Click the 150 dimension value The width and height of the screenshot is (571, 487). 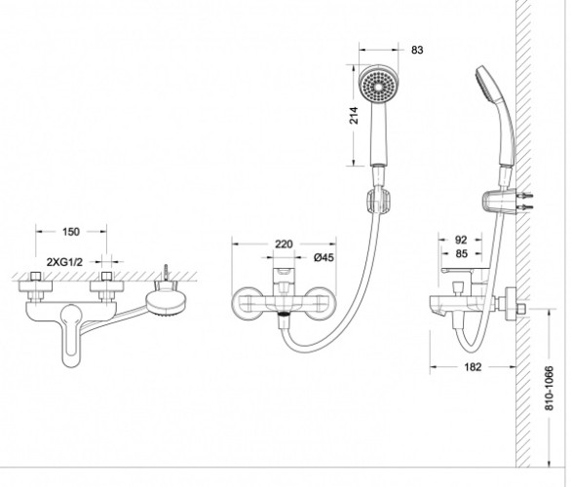71,232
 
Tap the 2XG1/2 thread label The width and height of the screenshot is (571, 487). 65,262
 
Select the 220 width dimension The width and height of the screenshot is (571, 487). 284,243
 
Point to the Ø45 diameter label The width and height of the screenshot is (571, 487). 324,257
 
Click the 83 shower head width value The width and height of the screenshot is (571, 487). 417,50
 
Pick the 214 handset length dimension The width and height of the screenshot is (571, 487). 354,115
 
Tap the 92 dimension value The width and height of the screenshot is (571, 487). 461,240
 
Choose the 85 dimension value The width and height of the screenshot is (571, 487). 462,253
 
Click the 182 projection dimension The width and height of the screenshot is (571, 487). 473,367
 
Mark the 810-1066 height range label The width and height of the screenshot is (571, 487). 550,389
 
